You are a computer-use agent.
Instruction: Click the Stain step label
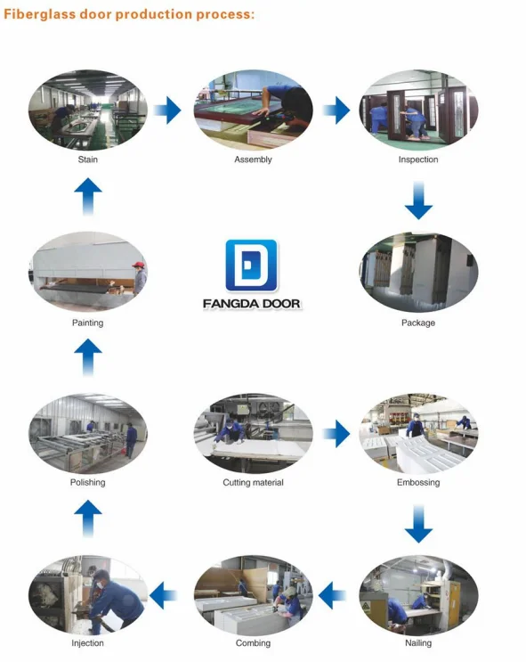[x=88, y=159]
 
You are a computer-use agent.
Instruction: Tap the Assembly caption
[x=253, y=159]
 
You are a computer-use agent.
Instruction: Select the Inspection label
[x=418, y=159]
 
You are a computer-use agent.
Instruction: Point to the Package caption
[x=418, y=323]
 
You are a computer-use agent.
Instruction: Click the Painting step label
[x=88, y=323]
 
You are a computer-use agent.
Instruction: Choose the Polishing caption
[x=88, y=483]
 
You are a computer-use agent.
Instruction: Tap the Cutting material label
[x=253, y=483]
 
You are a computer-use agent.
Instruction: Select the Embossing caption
[x=418, y=483]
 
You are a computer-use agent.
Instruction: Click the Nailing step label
[x=418, y=643]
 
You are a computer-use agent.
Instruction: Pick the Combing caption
[x=253, y=643]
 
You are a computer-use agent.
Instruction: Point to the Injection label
[x=88, y=643]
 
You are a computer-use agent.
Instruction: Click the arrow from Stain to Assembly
[x=167, y=110]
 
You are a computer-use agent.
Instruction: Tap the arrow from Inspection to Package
[x=418, y=200]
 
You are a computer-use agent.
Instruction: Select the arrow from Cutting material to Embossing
[x=336, y=434]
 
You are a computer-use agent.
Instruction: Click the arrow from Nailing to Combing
[x=332, y=595]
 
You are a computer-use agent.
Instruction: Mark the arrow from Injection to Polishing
[x=88, y=519]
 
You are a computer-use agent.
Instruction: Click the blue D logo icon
[x=251, y=266]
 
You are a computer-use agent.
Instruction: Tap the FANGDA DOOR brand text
[x=252, y=304]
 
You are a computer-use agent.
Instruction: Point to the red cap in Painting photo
[x=138, y=265]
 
